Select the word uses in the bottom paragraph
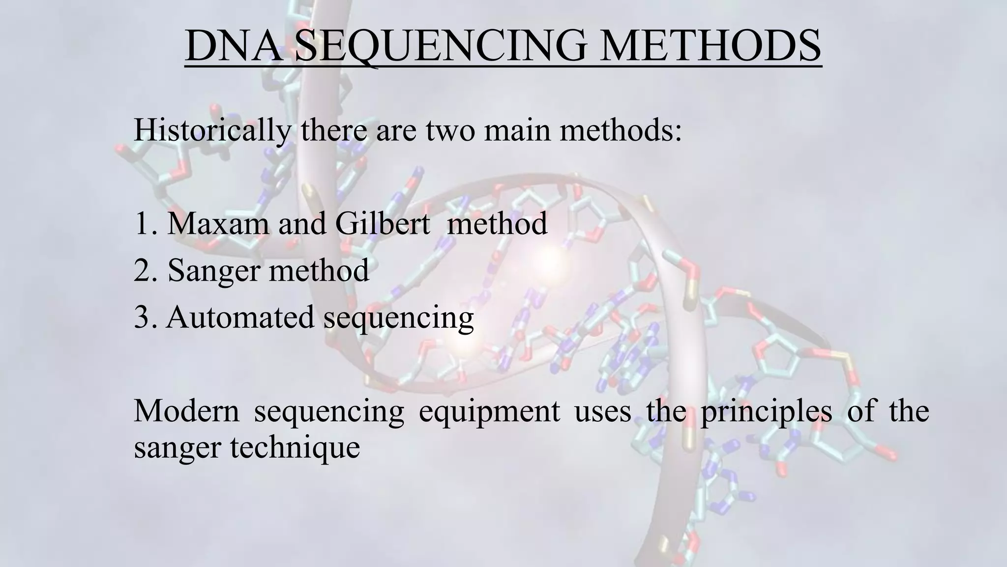coord(603,411)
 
